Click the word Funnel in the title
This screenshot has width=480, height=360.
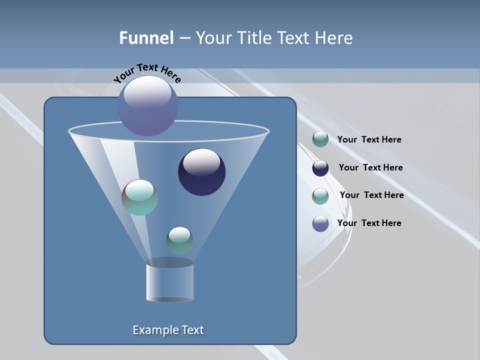pos(146,38)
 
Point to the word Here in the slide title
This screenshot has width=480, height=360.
pos(334,38)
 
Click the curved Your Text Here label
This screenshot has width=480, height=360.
pos(147,72)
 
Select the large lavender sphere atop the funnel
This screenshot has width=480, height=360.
pos(148,106)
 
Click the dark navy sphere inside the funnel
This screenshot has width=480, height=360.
pos(201,172)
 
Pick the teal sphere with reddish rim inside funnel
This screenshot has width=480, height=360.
pos(139,197)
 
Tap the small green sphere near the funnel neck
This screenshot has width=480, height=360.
pos(179,240)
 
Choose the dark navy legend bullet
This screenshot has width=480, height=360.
pos(320,168)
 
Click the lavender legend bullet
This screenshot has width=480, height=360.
pos(320,223)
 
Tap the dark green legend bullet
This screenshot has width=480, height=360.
pos(320,139)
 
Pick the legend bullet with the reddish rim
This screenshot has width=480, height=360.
pos(320,196)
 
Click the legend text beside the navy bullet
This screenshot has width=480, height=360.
pos(370,167)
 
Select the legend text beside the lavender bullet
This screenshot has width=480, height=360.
pos(369,223)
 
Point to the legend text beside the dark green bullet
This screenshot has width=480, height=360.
pos(369,139)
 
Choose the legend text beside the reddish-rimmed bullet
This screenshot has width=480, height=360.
pos(371,195)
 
